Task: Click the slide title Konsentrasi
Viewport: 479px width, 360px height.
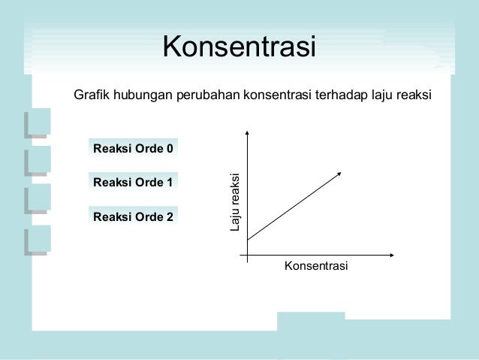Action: click(239, 47)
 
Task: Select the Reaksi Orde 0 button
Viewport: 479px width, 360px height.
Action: click(133, 148)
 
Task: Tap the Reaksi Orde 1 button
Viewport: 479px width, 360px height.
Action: click(133, 183)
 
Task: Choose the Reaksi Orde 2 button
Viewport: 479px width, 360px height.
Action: click(133, 217)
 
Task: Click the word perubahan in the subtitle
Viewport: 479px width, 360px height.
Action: click(203, 95)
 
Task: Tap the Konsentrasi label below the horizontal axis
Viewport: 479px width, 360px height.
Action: click(316, 267)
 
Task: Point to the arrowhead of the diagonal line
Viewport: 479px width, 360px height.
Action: click(339, 174)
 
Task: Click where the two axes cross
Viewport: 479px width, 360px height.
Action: click(246, 256)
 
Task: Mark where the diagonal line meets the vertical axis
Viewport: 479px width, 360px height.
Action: click(246, 239)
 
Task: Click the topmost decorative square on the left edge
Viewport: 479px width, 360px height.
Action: click(36, 122)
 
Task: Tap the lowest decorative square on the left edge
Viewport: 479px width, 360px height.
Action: click(36, 239)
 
